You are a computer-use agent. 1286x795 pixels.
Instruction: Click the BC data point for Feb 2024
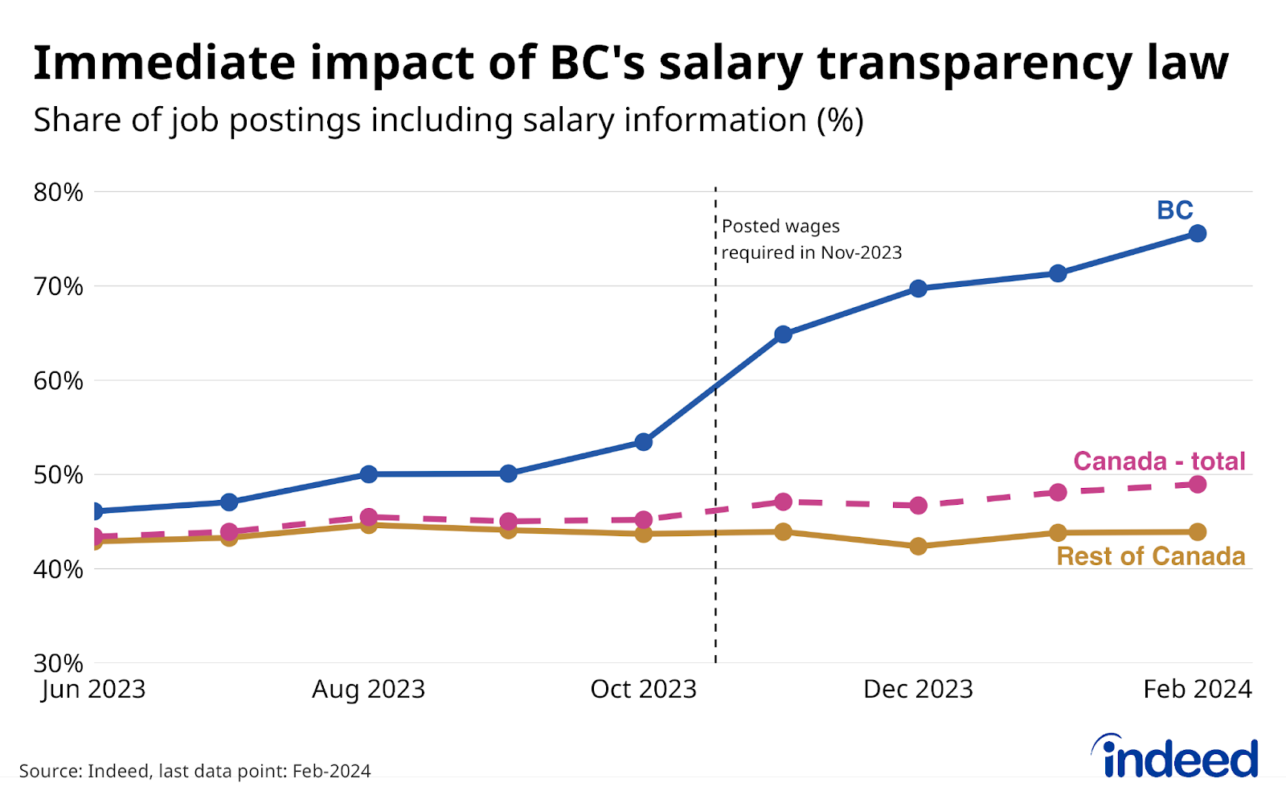tap(1197, 233)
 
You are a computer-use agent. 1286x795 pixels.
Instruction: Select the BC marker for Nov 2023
tap(783, 334)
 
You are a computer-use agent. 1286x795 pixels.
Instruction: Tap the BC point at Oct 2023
tap(643, 441)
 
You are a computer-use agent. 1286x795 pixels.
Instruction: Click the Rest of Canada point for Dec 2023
tap(918, 546)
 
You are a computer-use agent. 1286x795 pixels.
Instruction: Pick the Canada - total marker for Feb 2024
tap(1197, 484)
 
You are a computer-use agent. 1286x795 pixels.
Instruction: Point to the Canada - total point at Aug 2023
tap(369, 517)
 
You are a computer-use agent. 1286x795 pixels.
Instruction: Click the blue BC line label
tap(1174, 211)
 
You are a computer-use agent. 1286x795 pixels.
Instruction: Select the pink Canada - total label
tap(1158, 461)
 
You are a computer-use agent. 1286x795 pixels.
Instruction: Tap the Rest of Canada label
tap(1150, 556)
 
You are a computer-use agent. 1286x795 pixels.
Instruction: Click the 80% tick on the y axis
tap(58, 192)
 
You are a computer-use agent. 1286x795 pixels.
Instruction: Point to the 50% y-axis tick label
tap(58, 474)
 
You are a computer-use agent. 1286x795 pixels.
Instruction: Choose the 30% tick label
tap(58, 663)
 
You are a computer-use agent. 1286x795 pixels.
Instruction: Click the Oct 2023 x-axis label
tap(643, 689)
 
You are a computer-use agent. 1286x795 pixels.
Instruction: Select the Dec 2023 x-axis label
tap(918, 689)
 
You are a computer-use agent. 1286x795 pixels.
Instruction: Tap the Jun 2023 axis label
tap(94, 689)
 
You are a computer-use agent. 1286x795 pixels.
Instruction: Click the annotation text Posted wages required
tap(810, 240)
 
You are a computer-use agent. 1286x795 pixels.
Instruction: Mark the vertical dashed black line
tap(715, 563)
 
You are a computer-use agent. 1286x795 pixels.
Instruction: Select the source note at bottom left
tap(195, 771)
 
